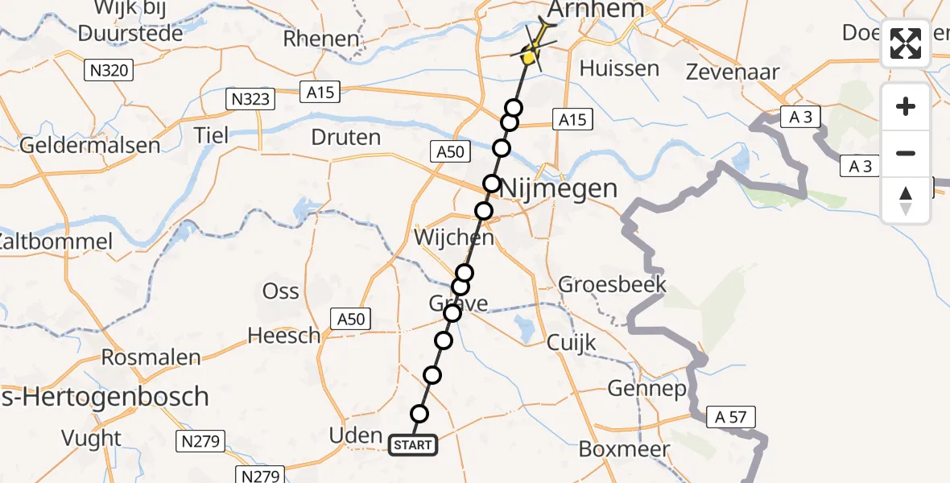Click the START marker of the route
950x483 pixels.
pyautogui.click(x=413, y=445)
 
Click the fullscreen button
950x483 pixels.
pyautogui.click(x=906, y=43)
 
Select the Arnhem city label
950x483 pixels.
pyautogui.click(x=596, y=10)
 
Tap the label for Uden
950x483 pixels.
pyautogui.click(x=356, y=436)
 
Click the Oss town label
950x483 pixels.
pyautogui.click(x=281, y=291)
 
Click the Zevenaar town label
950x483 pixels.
pyautogui.click(x=733, y=72)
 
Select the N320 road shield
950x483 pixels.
pyautogui.click(x=107, y=71)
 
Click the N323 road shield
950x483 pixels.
pyautogui.click(x=250, y=99)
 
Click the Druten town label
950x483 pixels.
pyautogui.click(x=345, y=137)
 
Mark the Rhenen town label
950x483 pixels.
pyautogui.click(x=321, y=38)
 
